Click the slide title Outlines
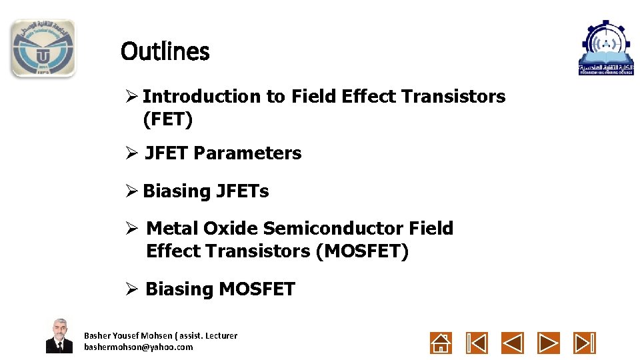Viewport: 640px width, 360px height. (x=165, y=51)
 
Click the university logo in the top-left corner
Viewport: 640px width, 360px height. (x=43, y=48)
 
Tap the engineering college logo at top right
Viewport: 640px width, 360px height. (x=606, y=47)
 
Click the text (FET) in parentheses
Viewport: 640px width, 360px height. (x=167, y=120)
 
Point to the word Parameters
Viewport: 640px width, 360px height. (x=247, y=153)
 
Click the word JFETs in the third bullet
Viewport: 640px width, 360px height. (x=242, y=191)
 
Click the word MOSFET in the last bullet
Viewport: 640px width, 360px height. (x=257, y=289)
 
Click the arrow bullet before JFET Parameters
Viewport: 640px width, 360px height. (x=131, y=153)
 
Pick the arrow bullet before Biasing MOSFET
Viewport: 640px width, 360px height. (x=131, y=289)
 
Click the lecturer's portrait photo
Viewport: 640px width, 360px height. (x=59, y=336)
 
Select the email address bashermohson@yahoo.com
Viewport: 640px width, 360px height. (x=138, y=347)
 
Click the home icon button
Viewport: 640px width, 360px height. (x=441, y=343)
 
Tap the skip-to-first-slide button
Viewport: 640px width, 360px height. (x=477, y=343)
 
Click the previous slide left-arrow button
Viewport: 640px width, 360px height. (x=513, y=343)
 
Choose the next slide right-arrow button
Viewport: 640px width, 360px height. (x=549, y=343)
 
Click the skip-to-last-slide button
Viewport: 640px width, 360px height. (x=585, y=343)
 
